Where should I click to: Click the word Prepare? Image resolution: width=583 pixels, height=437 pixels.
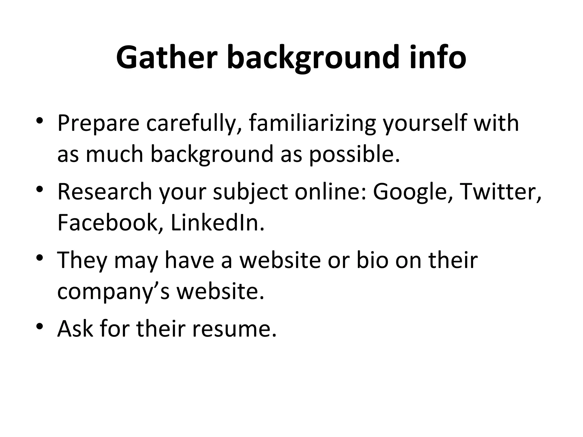98,124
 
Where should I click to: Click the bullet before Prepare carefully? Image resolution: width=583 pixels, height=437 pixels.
40,120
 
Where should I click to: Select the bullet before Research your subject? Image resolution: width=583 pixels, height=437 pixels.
40,189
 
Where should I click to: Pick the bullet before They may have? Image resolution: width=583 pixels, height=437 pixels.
40,257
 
